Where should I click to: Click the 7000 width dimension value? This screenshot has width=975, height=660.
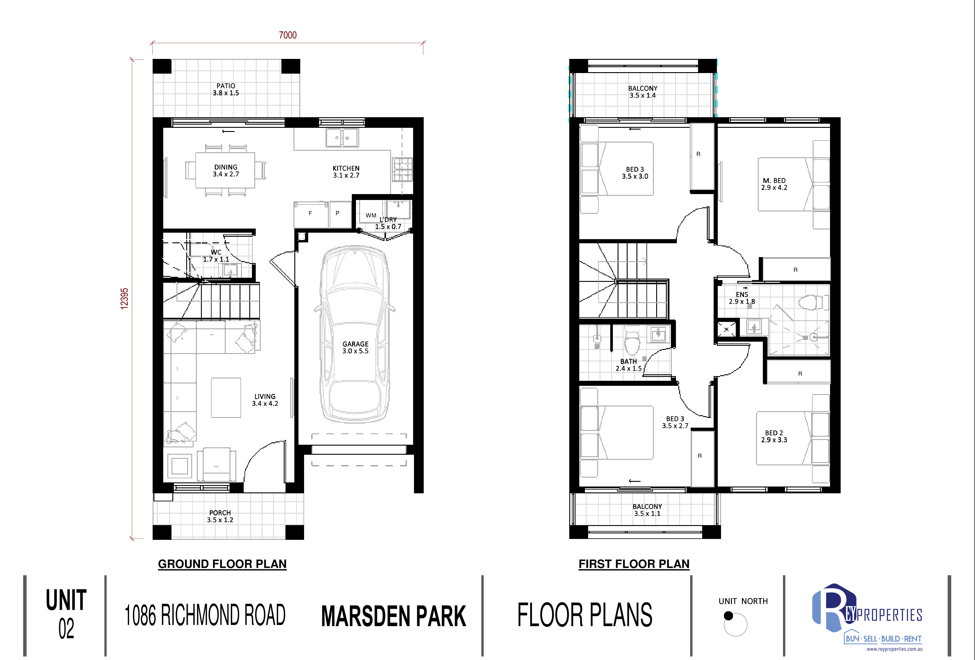tap(288, 35)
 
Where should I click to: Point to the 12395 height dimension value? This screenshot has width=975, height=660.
tap(124, 299)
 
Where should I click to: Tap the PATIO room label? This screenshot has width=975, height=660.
tap(226, 86)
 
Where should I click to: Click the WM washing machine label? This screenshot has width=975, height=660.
tap(371, 216)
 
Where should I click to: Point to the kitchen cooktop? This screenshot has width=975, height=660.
tap(402, 169)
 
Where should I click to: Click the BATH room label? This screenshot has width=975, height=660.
tap(628, 361)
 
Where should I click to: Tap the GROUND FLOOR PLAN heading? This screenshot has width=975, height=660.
tap(222, 564)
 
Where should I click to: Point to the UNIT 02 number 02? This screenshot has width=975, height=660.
tap(66, 629)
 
